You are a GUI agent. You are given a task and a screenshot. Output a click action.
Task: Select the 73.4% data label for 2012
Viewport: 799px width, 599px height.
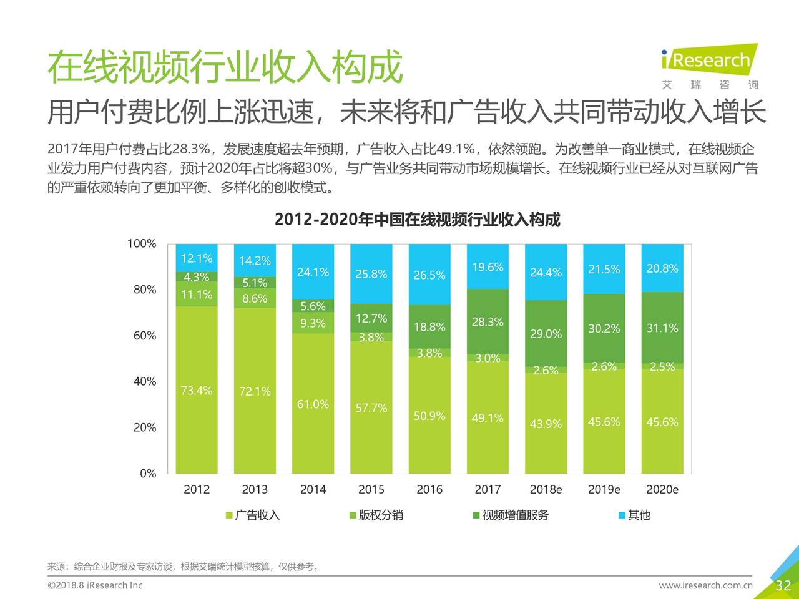pos(197,391)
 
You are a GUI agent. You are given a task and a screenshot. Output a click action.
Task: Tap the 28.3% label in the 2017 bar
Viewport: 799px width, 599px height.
pos(488,322)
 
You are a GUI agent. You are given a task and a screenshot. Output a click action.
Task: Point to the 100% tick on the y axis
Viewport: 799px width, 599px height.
pos(142,243)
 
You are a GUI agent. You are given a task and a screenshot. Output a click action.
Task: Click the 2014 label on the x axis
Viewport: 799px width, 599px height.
pos(313,490)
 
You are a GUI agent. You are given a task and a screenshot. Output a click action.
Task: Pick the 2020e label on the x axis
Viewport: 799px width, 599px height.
pos(662,490)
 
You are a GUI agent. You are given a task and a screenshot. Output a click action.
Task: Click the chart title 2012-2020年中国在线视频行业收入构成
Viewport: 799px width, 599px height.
pos(417,220)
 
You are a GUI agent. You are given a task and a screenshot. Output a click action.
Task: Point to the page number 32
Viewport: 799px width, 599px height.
pos(783,585)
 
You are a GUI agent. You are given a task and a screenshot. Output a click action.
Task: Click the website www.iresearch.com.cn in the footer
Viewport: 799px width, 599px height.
pos(705,585)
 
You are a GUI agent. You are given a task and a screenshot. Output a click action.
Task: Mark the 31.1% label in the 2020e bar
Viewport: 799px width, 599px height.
pos(662,328)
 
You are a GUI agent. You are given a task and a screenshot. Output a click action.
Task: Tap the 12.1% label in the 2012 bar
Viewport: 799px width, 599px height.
pos(197,258)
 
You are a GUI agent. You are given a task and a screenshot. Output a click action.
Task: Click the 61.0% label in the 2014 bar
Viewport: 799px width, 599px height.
pos(313,404)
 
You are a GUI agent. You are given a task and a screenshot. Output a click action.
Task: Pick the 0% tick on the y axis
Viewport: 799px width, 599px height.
pos(148,474)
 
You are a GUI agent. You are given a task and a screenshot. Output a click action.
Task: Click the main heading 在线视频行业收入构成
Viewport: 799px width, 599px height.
pos(225,67)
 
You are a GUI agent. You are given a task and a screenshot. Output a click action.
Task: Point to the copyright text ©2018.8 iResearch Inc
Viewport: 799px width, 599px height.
pos(95,585)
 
